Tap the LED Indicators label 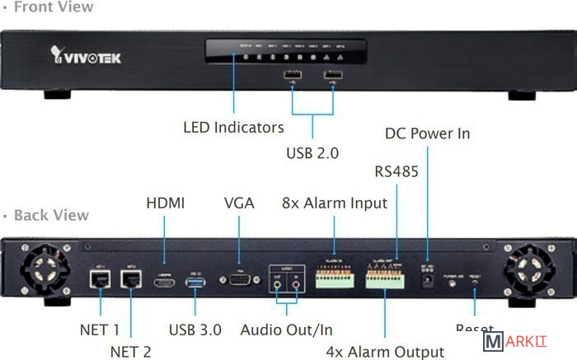pyautogui.click(x=233, y=128)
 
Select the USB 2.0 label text pyautogui.click(x=312, y=152)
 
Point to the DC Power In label pyautogui.click(x=427, y=133)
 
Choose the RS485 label pyautogui.click(x=396, y=172)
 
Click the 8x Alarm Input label pyautogui.click(x=335, y=203)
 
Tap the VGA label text pyautogui.click(x=239, y=203)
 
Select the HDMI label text pyautogui.click(x=165, y=203)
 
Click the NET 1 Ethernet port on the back pyautogui.click(x=100, y=279)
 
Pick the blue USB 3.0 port pyautogui.click(x=195, y=283)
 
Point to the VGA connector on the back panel pyautogui.click(x=239, y=280)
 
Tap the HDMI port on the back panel pyautogui.click(x=164, y=283)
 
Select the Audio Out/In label pyautogui.click(x=286, y=330)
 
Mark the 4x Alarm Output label pyautogui.click(x=385, y=352)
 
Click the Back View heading pyautogui.click(x=51, y=215)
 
